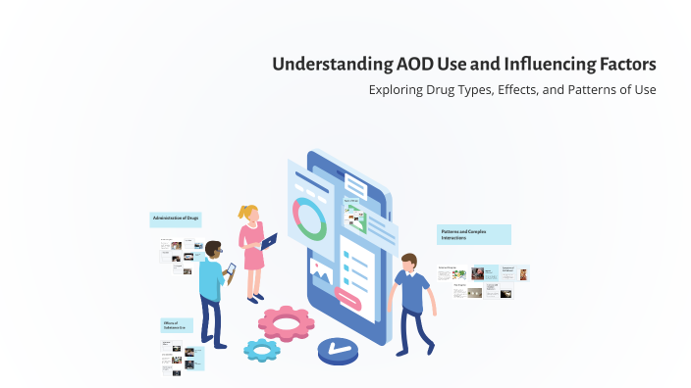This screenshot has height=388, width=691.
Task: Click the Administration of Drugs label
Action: tap(178, 218)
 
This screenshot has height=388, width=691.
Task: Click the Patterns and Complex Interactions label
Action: tap(474, 234)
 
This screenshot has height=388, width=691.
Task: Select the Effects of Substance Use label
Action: tap(182, 325)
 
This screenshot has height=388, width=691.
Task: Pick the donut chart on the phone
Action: tap(311, 218)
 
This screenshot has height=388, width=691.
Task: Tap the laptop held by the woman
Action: tap(269, 240)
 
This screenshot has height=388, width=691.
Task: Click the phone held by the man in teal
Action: tap(232, 267)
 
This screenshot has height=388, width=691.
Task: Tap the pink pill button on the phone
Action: tap(348, 295)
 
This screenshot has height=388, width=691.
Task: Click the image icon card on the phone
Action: tap(320, 267)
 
